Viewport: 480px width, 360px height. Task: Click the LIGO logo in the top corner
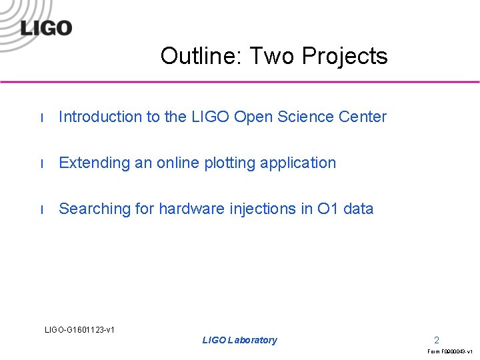tap(45, 28)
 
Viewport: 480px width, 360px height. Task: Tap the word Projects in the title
tap(345, 57)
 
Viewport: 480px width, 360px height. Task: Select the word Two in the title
tap(272, 56)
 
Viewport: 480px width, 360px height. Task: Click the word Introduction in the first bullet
tap(100, 117)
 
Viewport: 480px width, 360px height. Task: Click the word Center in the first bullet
tap(363, 117)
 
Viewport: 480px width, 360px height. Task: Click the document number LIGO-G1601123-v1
tap(79, 329)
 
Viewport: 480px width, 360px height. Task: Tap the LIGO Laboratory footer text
tap(239, 340)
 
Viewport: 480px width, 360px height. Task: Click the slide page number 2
tap(437, 339)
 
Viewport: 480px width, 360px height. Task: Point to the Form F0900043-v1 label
tap(450, 351)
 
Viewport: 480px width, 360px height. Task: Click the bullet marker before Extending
tap(42, 164)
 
